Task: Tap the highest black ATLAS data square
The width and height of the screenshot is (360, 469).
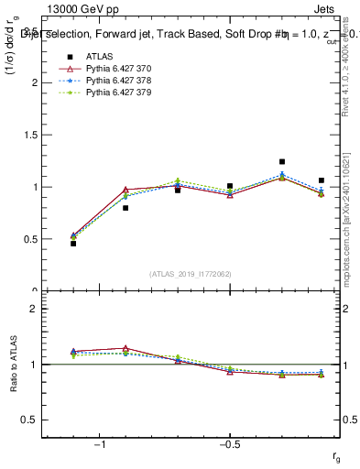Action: click(282, 162)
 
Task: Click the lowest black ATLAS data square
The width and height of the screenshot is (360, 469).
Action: click(73, 244)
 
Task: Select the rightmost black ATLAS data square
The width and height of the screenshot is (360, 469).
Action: click(322, 180)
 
